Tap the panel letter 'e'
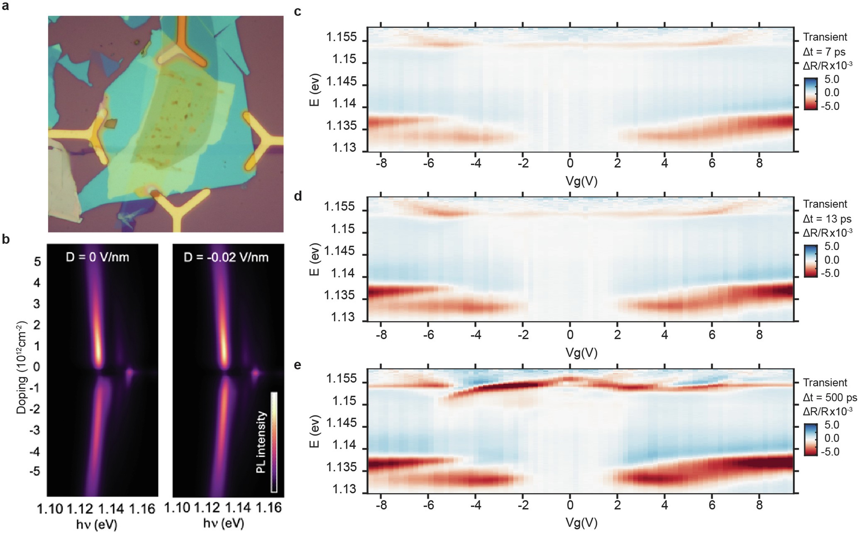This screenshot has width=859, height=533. (x=297, y=366)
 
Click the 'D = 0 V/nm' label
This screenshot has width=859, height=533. (x=98, y=257)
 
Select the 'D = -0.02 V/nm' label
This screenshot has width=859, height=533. (x=226, y=257)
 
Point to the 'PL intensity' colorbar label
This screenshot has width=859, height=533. (x=261, y=442)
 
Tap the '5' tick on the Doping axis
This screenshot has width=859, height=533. (x=37, y=262)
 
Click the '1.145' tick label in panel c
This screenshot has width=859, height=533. (x=342, y=82)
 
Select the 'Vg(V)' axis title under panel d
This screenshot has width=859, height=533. (x=581, y=352)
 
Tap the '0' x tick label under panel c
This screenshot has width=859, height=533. (x=570, y=163)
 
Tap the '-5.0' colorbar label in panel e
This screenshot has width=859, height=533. (x=830, y=452)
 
